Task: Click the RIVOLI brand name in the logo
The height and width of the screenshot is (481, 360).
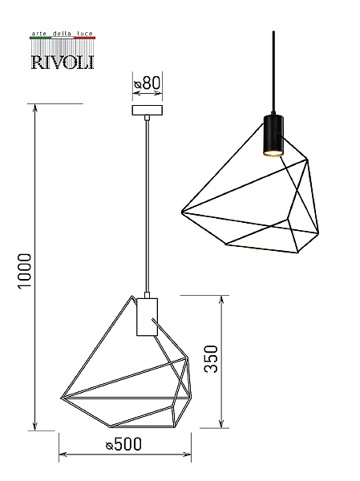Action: tap(63, 62)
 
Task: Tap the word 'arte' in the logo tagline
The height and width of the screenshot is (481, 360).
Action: tap(39, 34)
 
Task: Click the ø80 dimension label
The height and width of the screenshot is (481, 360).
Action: tap(148, 83)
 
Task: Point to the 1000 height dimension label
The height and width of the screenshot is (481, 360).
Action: tap(25, 271)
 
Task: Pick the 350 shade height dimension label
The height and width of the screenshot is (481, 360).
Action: tap(211, 359)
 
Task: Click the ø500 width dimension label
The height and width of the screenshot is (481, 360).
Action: tap(123, 444)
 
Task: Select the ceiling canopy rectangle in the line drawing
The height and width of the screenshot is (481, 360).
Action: tap(148, 110)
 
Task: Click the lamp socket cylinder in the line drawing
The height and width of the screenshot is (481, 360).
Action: tap(147, 317)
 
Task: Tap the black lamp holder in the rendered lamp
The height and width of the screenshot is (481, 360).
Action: tap(273, 135)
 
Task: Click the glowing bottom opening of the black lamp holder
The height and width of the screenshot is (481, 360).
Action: tap(273, 153)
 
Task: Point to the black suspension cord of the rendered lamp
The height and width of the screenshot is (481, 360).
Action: tap(273, 73)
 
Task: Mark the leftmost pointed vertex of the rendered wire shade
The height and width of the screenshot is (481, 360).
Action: tap(182, 212)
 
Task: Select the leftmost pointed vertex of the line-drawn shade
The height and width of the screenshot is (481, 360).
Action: tap(61, 398)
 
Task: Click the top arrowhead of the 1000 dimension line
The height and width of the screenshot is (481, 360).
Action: tap(35, 107)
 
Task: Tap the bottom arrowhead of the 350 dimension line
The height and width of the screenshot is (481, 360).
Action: tap(221, 424)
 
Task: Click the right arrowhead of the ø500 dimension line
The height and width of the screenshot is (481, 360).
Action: tap(187, 455)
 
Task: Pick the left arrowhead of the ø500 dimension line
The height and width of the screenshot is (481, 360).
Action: tap(63, 455)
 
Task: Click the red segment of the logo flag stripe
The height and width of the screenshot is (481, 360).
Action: tap(84, 38)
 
